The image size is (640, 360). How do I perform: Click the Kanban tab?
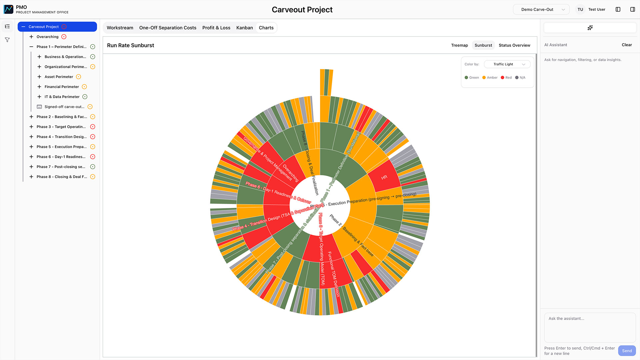point(244,28)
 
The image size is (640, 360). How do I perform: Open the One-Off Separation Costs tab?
point(168,28)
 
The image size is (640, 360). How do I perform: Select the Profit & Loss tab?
point(216,28)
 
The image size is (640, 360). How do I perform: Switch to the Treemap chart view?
point(459,45)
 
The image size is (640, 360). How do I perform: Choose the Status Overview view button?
point(514,45)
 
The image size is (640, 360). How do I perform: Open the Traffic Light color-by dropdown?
point(507,64)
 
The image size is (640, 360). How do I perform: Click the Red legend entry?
point(506,78)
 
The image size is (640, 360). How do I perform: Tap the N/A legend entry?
point(520,78)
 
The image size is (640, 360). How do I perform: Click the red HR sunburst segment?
point(384,177)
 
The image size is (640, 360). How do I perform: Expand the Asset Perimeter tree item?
point(39,77)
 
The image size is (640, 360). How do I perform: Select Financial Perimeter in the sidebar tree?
point(62,87)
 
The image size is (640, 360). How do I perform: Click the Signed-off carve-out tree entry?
point(64,107)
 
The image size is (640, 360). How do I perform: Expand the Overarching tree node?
point(31,37)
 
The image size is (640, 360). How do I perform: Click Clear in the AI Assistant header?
point(626,45)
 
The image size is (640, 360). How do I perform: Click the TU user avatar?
point(580,10)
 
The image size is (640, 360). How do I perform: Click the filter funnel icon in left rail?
point(7,40)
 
